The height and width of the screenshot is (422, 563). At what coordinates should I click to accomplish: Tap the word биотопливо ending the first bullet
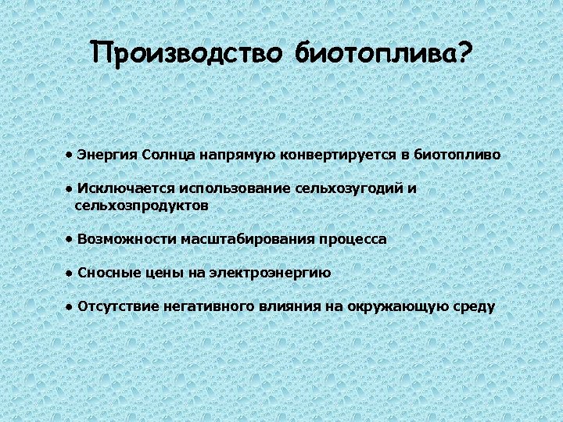[457, 155]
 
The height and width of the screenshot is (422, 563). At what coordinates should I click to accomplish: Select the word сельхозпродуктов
[142, 206]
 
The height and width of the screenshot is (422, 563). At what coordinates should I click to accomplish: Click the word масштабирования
[248, 239]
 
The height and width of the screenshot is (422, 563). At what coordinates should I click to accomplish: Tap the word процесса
[353, 239]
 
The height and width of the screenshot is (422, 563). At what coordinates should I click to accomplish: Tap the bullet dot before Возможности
[70, 238]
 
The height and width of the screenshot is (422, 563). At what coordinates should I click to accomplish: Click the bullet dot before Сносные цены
[70, 273]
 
